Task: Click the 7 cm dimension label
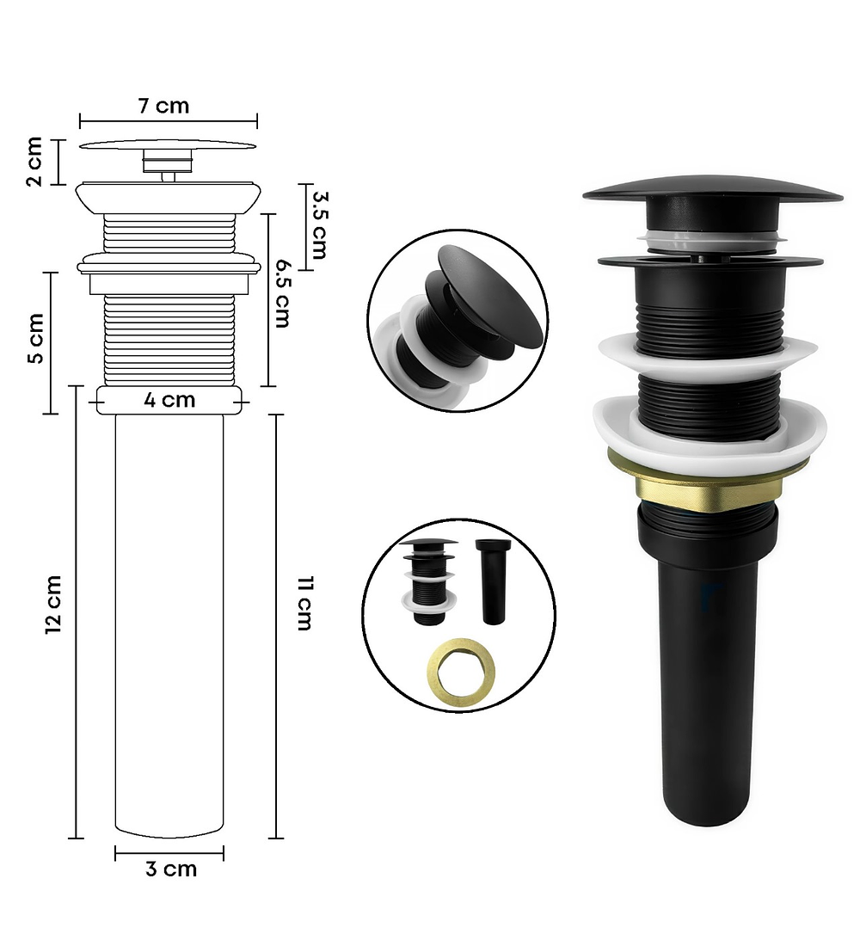[x=163, y=106]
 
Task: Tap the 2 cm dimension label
[x=34, y=162]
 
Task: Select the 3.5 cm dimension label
[x=318, y=225]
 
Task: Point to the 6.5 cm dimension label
[x=282, y=293]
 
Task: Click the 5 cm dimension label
[x=35, y=339]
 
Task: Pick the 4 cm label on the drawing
[x=169, y=400]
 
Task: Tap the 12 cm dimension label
[x=53, y=605]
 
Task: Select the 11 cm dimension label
[x=304, y=604]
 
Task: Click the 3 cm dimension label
[x=171, y=869]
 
